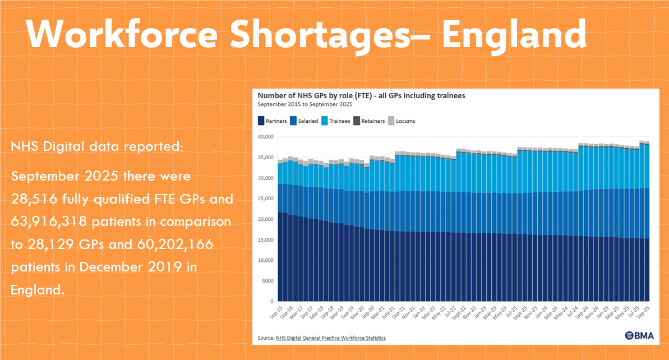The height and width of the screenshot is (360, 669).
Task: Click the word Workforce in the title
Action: coord(122,34)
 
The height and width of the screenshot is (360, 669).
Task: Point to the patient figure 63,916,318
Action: coord(49,222)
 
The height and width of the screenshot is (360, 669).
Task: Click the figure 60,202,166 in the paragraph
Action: coord(175,244)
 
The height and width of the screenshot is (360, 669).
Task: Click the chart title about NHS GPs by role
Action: coord(361,95)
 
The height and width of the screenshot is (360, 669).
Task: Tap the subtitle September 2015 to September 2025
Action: coord(305,104)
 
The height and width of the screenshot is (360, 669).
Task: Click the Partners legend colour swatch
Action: coord(261,121)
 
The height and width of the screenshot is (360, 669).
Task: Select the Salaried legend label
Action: coord(308,121)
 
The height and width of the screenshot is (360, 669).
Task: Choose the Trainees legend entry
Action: coord(336,121)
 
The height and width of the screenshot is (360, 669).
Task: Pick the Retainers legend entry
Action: coord(369,121)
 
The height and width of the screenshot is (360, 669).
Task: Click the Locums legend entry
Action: coord(402,121)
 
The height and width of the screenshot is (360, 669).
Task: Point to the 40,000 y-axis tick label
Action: coord(265,137)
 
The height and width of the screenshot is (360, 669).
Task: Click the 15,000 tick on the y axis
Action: coord(265,239)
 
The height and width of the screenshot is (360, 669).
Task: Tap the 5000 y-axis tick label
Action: coord(267,281)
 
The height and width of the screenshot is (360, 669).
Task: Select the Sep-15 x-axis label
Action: coord(276,313)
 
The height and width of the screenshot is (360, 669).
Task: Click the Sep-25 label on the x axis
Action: coord(643,313)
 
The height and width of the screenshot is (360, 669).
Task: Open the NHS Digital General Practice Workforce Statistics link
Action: coord(331,338)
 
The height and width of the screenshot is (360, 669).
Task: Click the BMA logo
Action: coord(639,336)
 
